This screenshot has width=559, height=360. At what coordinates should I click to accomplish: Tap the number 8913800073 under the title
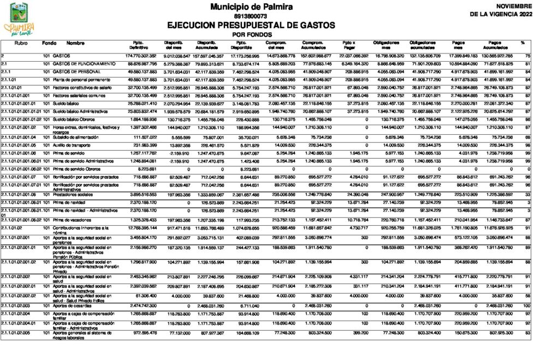[x=251, y=16]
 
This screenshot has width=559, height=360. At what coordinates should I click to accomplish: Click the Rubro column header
[x=21, y=43]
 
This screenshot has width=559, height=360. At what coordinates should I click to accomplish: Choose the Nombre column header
[x=76, y=43]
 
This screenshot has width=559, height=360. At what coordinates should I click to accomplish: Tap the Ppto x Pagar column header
[x=348, y=45]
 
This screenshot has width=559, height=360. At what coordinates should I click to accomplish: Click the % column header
[x=522, y=43]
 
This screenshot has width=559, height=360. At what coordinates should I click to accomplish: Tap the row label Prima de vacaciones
[x=75, y=219]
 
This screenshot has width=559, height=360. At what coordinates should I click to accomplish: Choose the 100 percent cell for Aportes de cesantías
[x=526, y=305]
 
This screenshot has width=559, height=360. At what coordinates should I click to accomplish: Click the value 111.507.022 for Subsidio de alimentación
[x=145, y=137]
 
